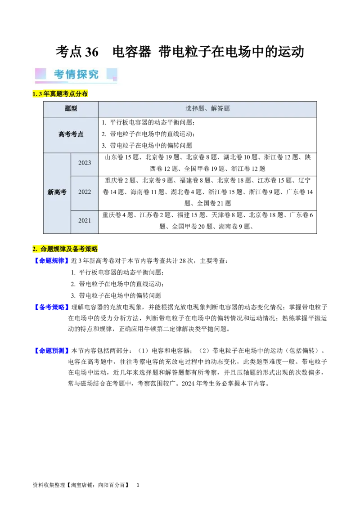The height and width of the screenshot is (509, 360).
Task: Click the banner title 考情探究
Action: pos(76,74)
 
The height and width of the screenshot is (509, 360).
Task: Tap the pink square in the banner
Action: pos(40,74)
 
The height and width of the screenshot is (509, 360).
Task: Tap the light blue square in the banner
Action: pos(112,74)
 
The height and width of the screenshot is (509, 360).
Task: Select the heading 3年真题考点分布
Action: pos(63,94)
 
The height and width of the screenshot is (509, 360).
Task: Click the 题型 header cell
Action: pos(71,109)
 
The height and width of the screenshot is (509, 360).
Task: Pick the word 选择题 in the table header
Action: pos(194,109)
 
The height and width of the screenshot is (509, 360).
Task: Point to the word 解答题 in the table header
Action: pos(220,109)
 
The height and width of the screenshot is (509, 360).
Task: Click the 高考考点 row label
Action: pos(71,134)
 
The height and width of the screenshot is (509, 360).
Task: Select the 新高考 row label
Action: pos(57,192)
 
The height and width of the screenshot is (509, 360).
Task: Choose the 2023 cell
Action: pos(85,163)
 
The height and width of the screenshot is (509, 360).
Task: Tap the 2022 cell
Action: pos(85,192)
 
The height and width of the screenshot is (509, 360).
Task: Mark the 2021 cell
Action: pos(85,221)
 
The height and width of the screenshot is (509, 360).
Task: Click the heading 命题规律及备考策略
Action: pos(69,249)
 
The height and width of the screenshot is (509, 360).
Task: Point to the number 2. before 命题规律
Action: pos(35,249)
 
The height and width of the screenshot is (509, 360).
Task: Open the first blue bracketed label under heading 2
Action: pos(51,261)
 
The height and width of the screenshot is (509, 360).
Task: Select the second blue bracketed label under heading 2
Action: pos(51,307)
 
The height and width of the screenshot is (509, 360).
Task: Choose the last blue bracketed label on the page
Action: pos(51,351)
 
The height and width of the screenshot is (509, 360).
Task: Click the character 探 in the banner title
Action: pos(82,74)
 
